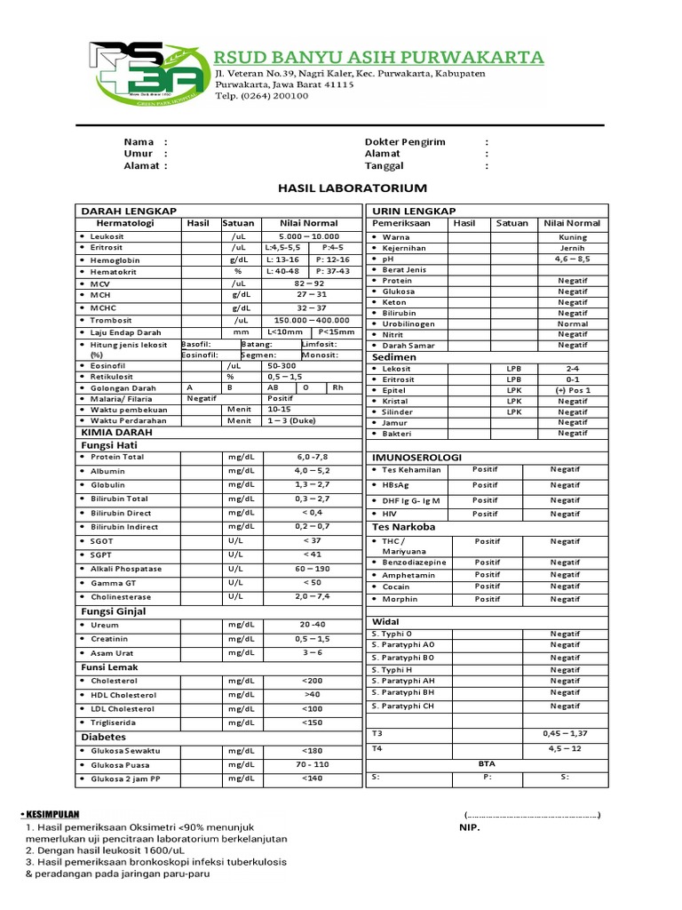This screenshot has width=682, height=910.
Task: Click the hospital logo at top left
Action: (x=147, y=75)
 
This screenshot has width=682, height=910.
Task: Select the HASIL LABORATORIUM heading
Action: (x=340, y=188)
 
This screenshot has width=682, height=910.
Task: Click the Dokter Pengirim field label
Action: (x=405, y=142)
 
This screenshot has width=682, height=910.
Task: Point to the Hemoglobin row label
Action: (x=115, y=259)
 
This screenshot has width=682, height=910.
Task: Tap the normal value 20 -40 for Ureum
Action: (x=312, y=624)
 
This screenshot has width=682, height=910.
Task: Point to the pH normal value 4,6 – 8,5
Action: (x=572, y=259)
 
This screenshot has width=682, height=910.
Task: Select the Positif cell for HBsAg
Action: (x=485, y=485)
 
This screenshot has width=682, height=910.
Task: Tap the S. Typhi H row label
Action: (x=393, y=669)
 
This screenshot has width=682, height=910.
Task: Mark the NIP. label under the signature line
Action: (x=470, y=827)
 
